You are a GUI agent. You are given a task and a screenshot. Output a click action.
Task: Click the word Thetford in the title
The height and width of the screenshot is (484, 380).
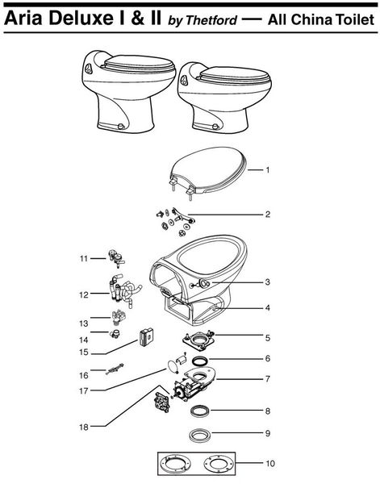[211, 20]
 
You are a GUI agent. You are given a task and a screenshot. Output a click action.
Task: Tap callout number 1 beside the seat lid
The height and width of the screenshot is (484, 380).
[268, 169]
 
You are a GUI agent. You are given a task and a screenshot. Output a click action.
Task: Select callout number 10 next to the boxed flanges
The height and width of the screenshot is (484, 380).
[269, 463]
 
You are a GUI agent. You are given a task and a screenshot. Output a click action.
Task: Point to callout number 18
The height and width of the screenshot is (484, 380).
[84, 427]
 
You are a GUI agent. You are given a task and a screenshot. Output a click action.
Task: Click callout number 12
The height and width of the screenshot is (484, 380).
[84, 294]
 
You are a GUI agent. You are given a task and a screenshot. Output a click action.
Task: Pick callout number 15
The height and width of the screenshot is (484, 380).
[84, 353]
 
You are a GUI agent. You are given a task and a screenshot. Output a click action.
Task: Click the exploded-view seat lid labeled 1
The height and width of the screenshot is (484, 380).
[208, 173]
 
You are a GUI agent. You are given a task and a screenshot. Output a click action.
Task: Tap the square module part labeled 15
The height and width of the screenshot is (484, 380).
[146, 337]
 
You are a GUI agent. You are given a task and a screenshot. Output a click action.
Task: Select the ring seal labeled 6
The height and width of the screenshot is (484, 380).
[200, 361]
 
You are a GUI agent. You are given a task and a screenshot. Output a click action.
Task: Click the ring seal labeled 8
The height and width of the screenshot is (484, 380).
[199, 411]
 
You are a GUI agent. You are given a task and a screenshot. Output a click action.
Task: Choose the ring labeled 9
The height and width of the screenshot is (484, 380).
[200, 435]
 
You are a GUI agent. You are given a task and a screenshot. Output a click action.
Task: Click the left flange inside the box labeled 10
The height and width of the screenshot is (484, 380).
[177, 463]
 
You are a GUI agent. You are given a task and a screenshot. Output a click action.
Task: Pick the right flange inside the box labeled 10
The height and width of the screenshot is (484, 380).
[219, 463]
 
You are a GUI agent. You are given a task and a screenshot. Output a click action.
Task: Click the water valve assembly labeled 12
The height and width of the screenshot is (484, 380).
[123, 290]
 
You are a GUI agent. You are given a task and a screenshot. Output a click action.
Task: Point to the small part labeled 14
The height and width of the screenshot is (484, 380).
[115, 334]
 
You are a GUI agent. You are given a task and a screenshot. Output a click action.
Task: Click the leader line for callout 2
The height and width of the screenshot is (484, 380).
[225, 215]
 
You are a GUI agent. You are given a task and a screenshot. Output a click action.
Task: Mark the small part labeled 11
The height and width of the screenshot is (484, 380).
[116, 258]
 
